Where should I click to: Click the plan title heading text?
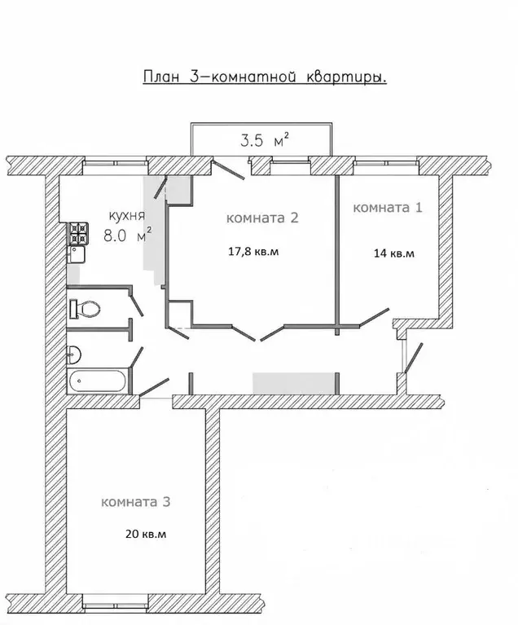(x=265, y=77)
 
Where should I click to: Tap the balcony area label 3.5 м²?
(x=264, y=140)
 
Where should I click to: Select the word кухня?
(x=127, y=217)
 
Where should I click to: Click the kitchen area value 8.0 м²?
(x=127, y=235)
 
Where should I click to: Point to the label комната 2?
(x=262, y=218)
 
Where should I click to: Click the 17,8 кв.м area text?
(x=253, y=252)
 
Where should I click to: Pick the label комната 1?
(x=388, y=208)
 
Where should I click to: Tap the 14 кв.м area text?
(x=394, y=253)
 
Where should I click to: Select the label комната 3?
(x=135, y=501)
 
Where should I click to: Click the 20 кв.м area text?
(x=146, y=534)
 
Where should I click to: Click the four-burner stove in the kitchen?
(x=79, y=234)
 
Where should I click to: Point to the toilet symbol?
(x=85, y=309)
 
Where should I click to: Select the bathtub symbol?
(x=97, y=381)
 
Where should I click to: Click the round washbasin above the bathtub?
(x=74, y=354)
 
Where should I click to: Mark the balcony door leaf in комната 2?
(x=229, y=170)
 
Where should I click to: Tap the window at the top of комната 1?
(x=385, y=163)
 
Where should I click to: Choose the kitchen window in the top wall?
(x=115, y=163)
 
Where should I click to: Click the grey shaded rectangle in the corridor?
(x=293, y=384)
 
